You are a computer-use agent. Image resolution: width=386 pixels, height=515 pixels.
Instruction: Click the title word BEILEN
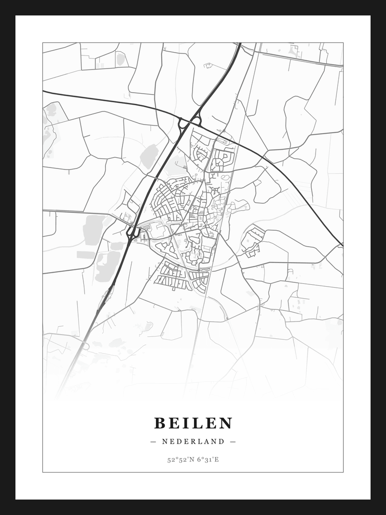click(193, 423)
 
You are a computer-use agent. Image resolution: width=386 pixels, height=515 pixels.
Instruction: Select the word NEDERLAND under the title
click(193, 441)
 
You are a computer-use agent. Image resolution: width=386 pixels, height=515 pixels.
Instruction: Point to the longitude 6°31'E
click(208, 459)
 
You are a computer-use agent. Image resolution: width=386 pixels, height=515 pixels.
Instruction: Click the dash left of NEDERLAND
click(153, 441)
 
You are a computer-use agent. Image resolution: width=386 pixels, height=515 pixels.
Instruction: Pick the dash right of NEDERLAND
click(233, 441)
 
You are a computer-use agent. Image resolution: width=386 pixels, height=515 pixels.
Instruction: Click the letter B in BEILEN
click(160, 423)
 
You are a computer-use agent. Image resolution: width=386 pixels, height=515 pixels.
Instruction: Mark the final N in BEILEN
click(226, 423)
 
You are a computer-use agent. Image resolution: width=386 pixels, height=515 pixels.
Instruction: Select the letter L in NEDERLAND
click(200, 441)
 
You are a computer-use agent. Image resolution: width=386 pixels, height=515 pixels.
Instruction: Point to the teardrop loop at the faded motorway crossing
click(85, 345)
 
